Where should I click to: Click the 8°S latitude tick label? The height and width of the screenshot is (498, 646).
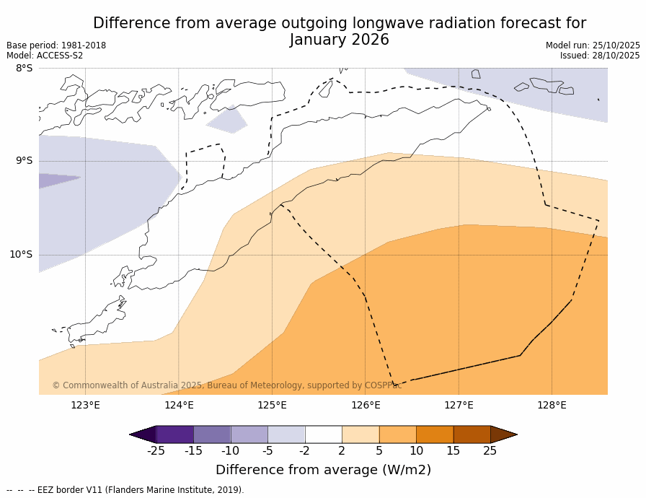(x=24, y=69)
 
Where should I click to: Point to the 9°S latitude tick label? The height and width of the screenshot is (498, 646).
(x=24, y=161)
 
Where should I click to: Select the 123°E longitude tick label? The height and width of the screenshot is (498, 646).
(x=85, y=406)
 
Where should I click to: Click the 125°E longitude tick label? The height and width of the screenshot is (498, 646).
(x=272, y=406)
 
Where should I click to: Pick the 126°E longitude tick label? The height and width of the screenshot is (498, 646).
(x=366, y=406)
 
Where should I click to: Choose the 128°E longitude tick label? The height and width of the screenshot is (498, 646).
(x=552, y=406)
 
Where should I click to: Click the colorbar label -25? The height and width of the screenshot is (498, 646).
(x=156, y=452)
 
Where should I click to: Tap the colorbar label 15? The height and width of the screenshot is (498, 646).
(x=453, y=452)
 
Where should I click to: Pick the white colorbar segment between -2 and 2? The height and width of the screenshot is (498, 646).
(x=323, y=434)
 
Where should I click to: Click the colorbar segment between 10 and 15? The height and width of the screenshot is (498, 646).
(x=435, y=434)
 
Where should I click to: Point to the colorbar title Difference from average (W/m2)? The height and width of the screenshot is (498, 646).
(x=323, y=471)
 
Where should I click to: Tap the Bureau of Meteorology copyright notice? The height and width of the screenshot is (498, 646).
(x=226, y=386)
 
